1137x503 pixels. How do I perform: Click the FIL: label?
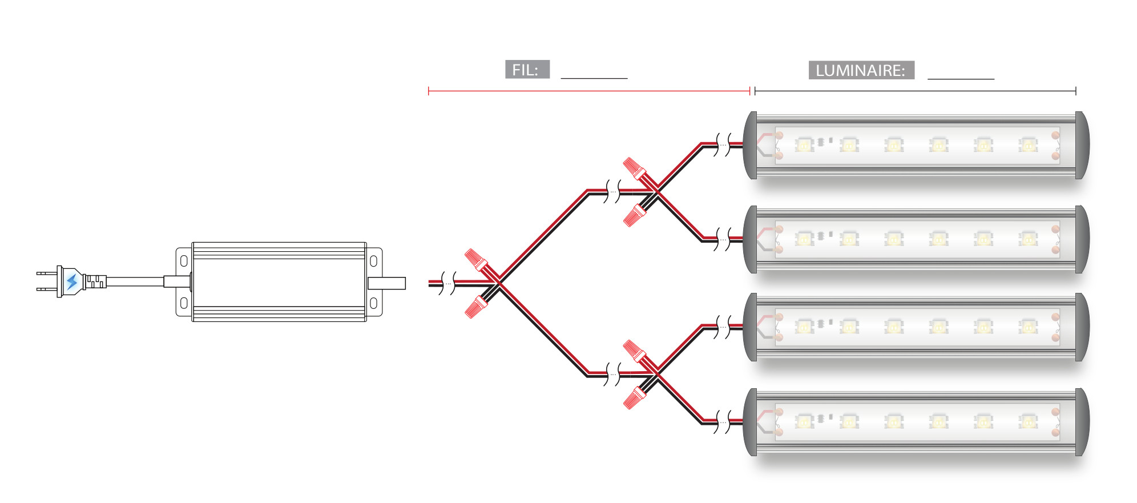pos(527,70)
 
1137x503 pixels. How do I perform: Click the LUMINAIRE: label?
pos(861,70)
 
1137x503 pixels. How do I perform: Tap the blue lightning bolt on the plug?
pos(72,282)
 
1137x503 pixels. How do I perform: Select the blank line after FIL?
pos(594,77)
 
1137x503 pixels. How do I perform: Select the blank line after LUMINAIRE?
pos(961,78)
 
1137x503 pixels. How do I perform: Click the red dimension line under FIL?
pos(588,91)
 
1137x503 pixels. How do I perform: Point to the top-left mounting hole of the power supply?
pos(184,261)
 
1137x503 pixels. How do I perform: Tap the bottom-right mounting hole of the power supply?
pos(373,303)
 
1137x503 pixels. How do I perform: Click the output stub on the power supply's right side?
pos(386,283)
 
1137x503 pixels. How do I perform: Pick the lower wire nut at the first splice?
pos(475,307)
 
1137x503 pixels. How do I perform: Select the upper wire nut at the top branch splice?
pos(634,168)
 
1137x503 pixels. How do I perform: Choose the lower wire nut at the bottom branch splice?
pos(634,398)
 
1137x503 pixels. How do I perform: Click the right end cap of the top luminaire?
pos(1082,145)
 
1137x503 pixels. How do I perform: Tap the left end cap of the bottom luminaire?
pos(751,422)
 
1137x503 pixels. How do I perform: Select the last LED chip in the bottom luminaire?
pos(1028,422)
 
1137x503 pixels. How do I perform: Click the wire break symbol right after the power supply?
pos(449,283)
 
